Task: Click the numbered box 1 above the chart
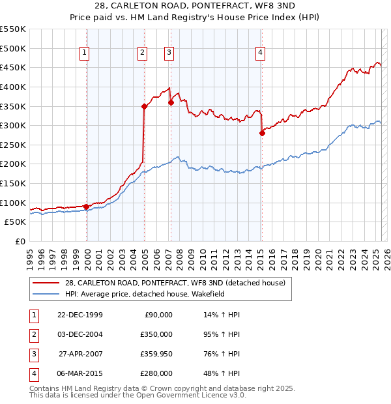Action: point(85,53)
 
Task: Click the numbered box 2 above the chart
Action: point(142,53)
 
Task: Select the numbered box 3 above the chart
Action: point(169,53)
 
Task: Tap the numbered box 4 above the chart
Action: point(260,53)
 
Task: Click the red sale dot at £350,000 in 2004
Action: point(144,106)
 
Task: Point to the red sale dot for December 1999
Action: point(87,207)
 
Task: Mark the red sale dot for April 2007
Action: point(171,102)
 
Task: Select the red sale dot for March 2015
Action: point(262,133)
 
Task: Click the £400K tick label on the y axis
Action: point(13,87)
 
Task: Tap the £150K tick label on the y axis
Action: point(13,184)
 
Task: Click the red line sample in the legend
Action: point(46,283)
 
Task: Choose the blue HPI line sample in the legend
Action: point(46,294)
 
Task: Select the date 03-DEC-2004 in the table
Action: point(80,334)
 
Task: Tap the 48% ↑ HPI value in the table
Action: point(222,373)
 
